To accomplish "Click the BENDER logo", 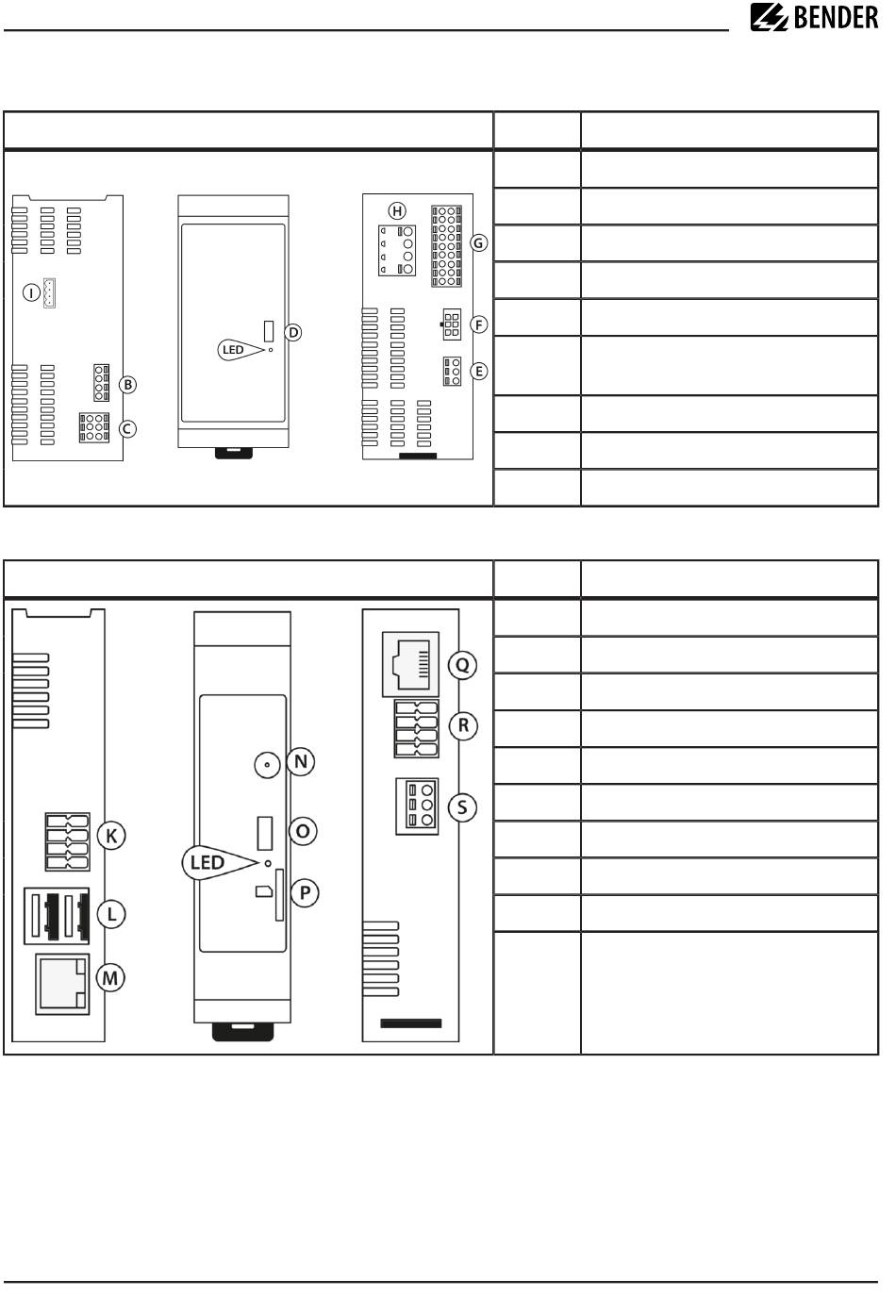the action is [x=814, y=17].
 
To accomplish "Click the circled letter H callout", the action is [x=397, y=211].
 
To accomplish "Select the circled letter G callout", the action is [x=479, y=242].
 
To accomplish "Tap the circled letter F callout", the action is [x=479, y=324].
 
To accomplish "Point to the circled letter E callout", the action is [x=479, y=371].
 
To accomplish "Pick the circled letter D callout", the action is [x=293, y=333].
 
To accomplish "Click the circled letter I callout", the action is [x=31, y=291].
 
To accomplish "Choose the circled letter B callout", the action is [x=127, y=385].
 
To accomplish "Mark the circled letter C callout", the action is [x=127, y=429].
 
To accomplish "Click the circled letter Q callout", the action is [x=462, y=665].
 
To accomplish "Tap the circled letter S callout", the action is [x=462, y=807].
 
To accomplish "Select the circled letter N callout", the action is [x=301, y=762].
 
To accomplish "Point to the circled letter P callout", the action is [x=305, y=893].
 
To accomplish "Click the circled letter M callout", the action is [x=110, y=978].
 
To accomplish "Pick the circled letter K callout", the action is [x=111, y=836].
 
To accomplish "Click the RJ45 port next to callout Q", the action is [x=410, y=664].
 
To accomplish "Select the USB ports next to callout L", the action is [x=57, y=916].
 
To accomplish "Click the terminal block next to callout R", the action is [x=417, y=728].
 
